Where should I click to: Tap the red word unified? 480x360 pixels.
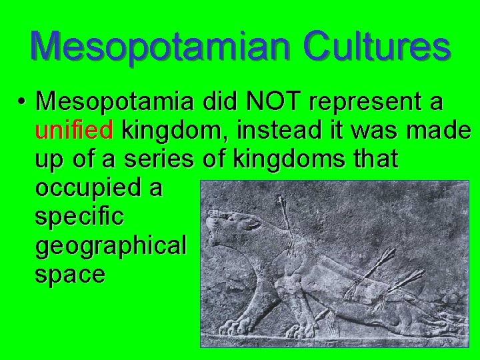[x=74, y=130]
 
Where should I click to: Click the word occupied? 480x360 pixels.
[x=91, y=188]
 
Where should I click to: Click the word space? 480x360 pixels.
[x=69, y=275]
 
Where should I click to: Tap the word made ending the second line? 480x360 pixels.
[x=438, y=130]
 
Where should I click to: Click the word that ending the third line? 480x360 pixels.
[x=375, y=159]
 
